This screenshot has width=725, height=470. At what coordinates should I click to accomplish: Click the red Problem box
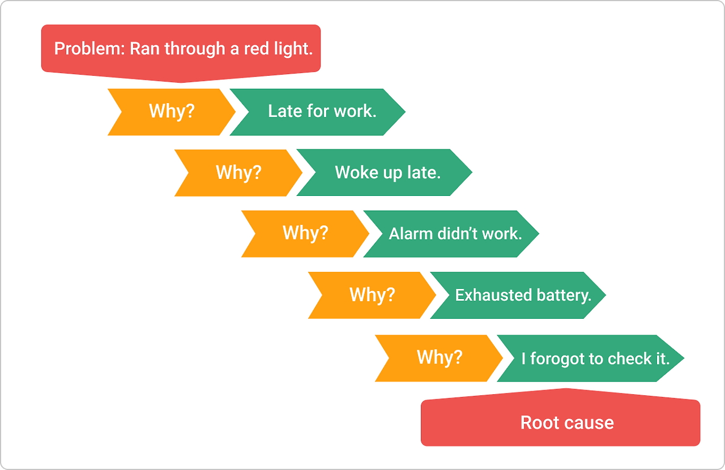(181, 49)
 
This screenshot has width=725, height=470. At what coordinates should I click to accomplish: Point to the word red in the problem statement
(257, 49)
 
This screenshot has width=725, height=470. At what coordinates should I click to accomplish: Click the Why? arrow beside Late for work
(171, 112)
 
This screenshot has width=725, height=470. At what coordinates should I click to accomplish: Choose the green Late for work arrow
(322, 112)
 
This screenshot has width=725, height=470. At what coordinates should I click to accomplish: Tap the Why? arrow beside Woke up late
(238, 173)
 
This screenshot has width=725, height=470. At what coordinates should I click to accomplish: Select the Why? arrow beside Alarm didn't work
(305, 234)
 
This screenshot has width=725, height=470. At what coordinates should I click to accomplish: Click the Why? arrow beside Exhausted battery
(372, 295)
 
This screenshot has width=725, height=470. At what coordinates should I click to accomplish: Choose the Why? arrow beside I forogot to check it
(439, 358)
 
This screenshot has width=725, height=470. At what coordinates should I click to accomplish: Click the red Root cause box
(561, 423)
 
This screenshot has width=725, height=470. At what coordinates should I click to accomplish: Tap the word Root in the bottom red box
(539, 423)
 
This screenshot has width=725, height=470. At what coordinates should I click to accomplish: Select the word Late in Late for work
(285, 112)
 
